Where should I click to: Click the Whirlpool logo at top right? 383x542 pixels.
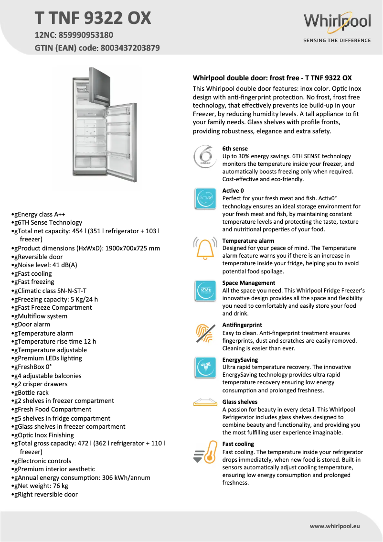click(337, 22)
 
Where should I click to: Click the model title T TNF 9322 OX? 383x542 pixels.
click(93, 18)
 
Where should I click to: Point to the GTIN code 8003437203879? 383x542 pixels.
click(130, 48)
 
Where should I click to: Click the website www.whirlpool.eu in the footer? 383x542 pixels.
click(334, 526)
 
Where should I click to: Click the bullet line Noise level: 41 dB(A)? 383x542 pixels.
click(46, 265)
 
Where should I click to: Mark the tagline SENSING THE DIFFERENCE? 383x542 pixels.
click(337, 41)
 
